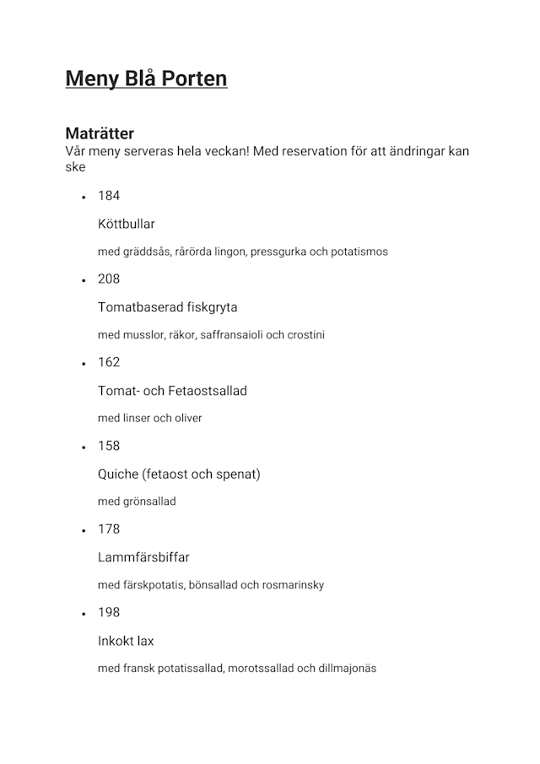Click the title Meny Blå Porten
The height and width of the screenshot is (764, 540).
[146, 79]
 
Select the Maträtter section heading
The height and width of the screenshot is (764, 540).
[100, 133]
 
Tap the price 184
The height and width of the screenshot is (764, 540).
[109, 196]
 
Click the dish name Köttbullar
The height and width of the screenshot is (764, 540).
[127, 225]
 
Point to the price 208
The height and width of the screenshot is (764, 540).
[109, 279]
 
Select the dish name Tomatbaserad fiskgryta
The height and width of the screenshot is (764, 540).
[168, 307]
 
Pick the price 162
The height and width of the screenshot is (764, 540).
[109, 362]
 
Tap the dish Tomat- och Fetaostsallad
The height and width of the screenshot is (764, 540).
[172, 391]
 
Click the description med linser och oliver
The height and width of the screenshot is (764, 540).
[150, 418]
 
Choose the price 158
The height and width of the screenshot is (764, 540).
[109, 446]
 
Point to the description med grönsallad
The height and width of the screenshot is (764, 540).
[137, 501]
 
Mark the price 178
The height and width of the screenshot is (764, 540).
[109, 529]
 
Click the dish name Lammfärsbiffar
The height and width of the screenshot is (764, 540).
[143, 557]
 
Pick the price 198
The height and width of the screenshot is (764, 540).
[109, 613]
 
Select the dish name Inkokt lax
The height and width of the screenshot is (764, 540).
[126, 641]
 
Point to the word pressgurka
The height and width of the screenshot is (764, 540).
[278, 252]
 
